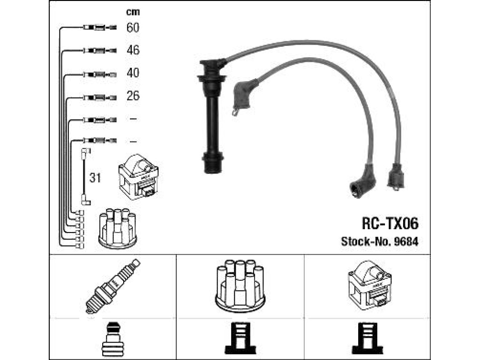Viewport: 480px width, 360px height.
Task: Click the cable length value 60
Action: click(x=133, y=28)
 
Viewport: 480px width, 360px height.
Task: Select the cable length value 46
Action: click(x=133, y=50)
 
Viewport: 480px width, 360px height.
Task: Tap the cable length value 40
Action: click(x=133, y=73)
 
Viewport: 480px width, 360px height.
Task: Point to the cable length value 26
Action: click(x=133, y=96)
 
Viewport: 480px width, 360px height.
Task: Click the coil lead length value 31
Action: click(x=95, y=178)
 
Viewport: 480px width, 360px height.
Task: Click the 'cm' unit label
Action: click(x=133, y=12)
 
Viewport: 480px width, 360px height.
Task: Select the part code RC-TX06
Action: click(x=390, y=224)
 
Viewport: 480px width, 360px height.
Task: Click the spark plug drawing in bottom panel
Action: click(x=112, y=286)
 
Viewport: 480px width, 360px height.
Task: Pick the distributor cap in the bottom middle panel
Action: click(x=240, y=285)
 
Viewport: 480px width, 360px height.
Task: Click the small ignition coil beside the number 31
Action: click(x=138, y=177)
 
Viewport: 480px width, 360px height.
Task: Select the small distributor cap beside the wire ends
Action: click(x=118, y=228)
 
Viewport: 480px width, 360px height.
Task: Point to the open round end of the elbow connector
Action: click(x=356, y=190)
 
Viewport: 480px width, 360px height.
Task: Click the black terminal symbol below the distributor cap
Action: click(x=240, y=338)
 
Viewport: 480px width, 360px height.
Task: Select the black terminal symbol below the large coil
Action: click(x=367, y=338)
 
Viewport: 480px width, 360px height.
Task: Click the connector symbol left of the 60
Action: click(x=100, y=28)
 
